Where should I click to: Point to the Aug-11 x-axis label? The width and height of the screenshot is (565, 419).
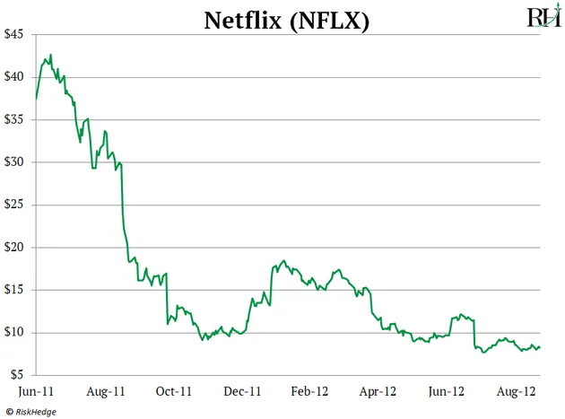pos(105,391)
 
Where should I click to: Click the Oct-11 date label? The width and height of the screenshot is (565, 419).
pos(173,391)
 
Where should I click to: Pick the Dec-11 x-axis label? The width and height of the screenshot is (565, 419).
pos(241,391)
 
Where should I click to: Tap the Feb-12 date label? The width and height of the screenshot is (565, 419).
pos(310,391)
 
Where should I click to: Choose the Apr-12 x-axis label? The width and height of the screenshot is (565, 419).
pos(378,391)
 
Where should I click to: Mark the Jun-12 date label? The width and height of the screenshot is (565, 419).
pos(446,391)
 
